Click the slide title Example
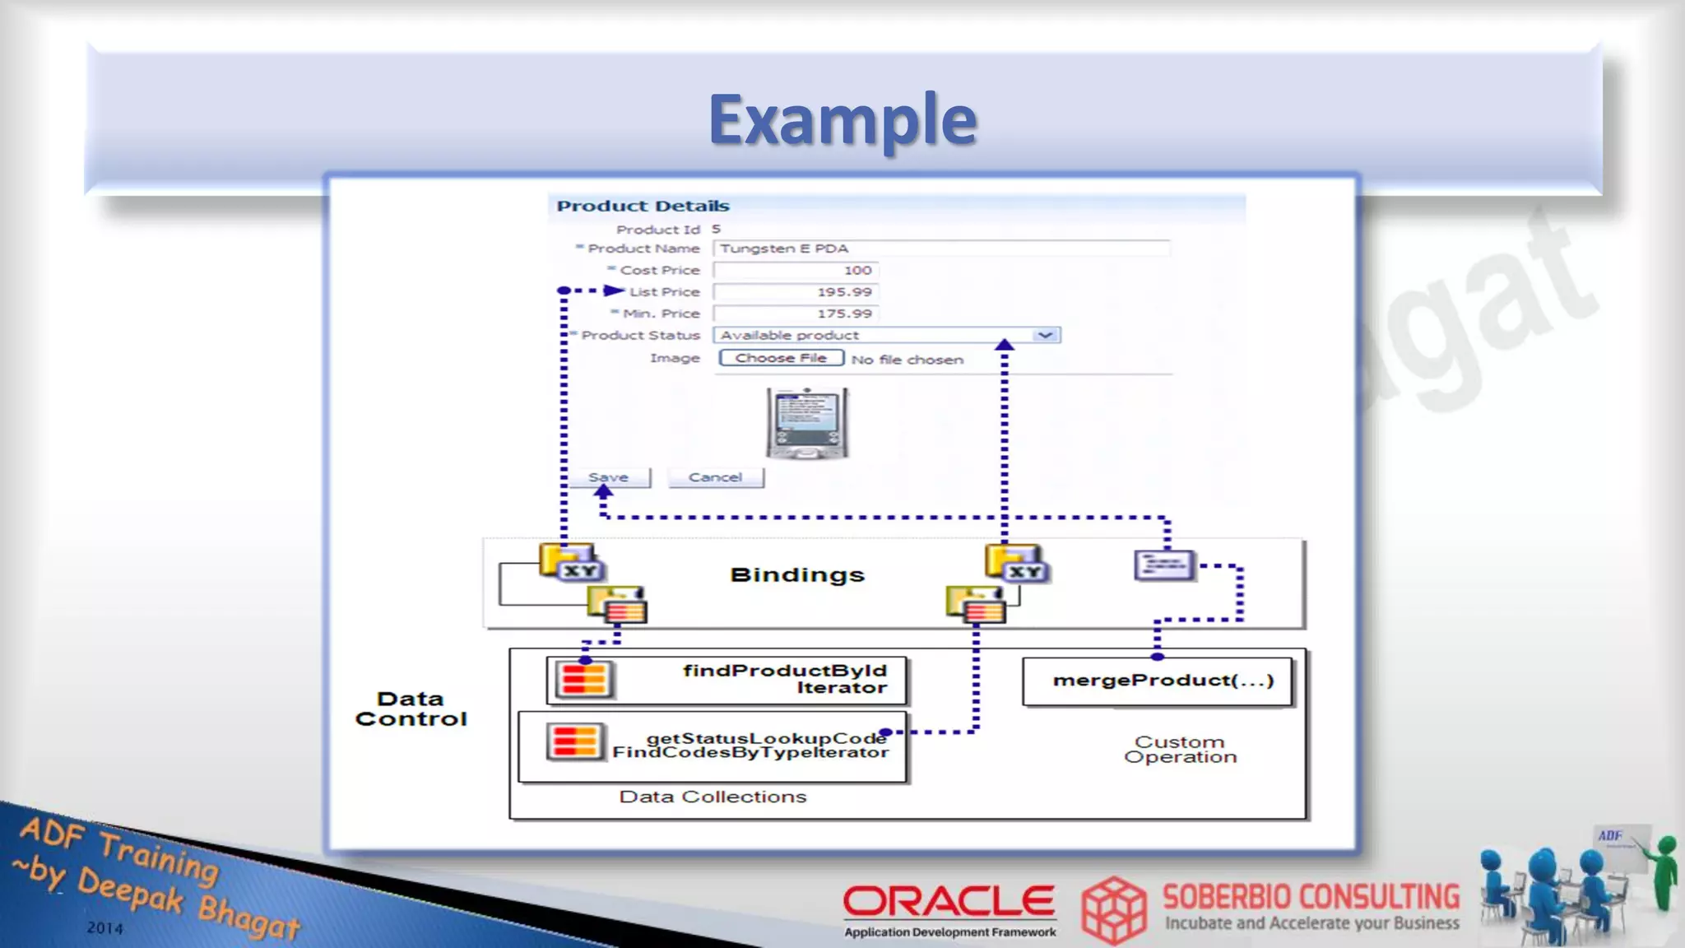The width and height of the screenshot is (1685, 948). click(x=842, y=120)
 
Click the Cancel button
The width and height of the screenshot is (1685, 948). click(x=715, y=477)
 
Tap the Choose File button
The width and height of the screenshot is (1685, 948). click(x=781, y=358)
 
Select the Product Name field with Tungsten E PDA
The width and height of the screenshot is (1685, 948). click(x=941, y=249)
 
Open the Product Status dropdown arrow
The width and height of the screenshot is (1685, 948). click(x=1045, y=335)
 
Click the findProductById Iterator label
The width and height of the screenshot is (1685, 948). click(x=784, y=679)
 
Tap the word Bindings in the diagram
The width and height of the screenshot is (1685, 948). click(x=797, y=574)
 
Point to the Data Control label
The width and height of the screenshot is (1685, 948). click(x=411, y=709)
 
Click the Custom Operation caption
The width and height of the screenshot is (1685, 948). click(x=1180, y=749)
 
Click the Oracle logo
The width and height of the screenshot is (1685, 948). click(x=949, y=903)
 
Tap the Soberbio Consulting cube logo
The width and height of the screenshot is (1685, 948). click(x=1113, y=909)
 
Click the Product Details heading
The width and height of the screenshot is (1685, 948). click(x=643, y=206)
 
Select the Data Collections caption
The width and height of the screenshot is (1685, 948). click(x=713, y=797)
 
